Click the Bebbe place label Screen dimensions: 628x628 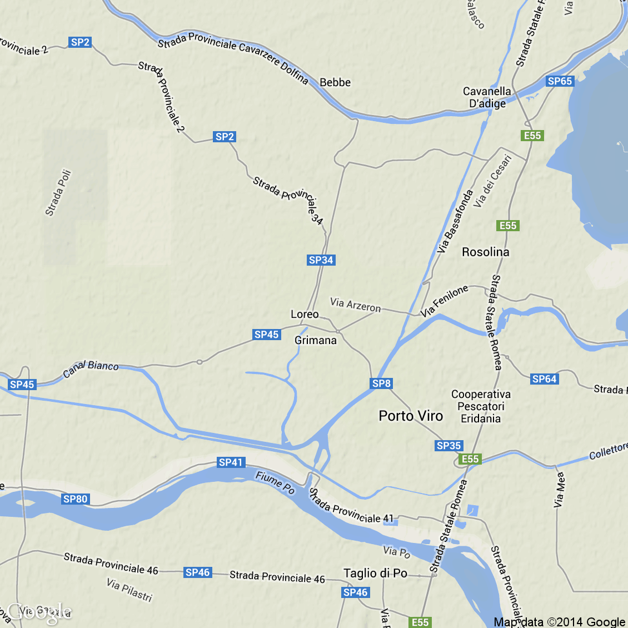point(335,82)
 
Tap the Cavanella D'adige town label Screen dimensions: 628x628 point(487,97)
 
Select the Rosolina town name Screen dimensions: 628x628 point(485,252)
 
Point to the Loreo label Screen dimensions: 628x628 point(305,315)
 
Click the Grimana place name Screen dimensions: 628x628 point(316,340)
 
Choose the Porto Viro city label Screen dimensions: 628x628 point(411,416)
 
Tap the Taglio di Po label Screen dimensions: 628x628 point(375,573)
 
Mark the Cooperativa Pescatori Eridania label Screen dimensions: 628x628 point(481,406)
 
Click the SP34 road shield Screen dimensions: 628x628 point(321,260)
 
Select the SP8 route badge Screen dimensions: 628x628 point(381,383)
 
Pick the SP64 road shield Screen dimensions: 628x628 point(544,379)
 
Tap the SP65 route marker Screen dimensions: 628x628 point(560,81)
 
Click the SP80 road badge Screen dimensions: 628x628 point(75,499)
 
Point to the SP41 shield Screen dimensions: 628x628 point(231,462)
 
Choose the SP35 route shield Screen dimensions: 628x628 point(448,446)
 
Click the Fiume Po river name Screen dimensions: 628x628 point(275,482)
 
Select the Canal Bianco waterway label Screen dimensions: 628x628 point(91,368)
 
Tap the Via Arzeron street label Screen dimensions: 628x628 point(356,305)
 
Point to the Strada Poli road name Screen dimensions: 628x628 point(58,192)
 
